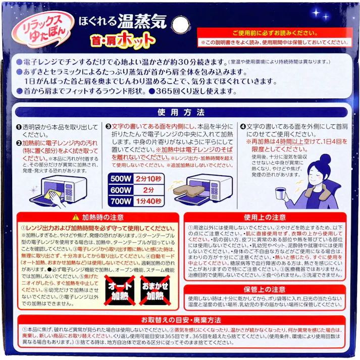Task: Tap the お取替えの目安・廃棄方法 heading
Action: tap(180, 320)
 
